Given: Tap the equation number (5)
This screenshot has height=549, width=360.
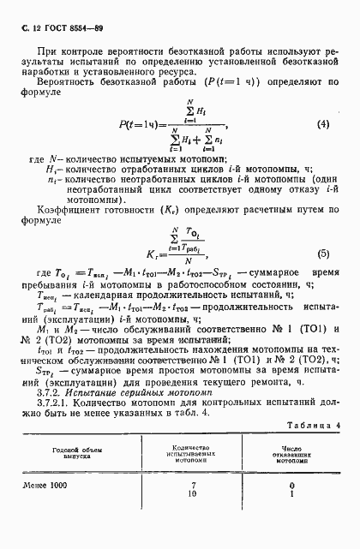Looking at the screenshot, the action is [x=322, y=253].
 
